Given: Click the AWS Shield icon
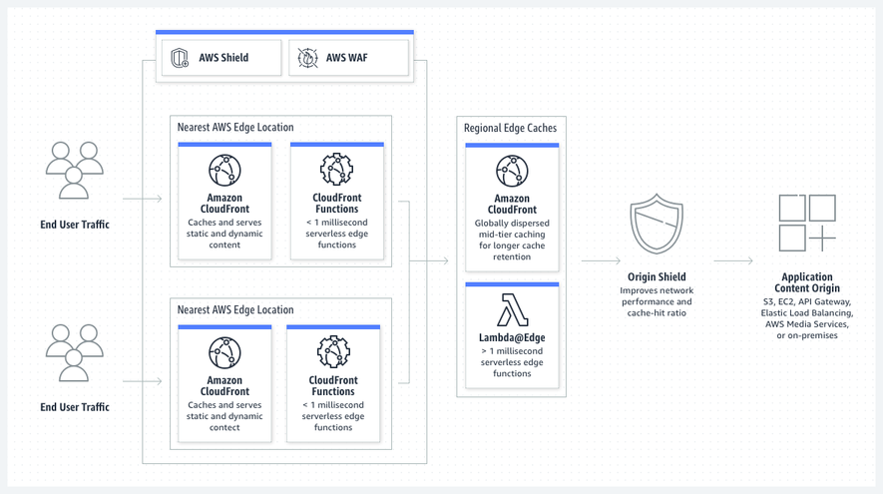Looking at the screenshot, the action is [x=180, y=58].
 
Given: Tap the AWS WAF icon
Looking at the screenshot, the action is [x=307, y=58].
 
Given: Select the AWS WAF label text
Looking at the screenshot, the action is [x=347, y=58].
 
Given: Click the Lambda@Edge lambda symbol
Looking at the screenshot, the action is [x=513, y=309].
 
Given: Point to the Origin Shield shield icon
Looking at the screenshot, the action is [x=657, y=224].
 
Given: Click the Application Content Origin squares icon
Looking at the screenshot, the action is [x=807, y=224].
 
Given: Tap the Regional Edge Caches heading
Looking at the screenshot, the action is [x=510, y=128].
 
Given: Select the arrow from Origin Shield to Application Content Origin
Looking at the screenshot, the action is [x=733, y=260].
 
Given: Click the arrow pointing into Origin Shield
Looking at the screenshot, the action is [x=601, y=260].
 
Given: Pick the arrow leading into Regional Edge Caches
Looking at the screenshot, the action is [x=429, y=260].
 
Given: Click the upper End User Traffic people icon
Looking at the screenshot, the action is [x=75, y=170].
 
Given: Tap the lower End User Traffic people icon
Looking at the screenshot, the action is [x=75, y=353].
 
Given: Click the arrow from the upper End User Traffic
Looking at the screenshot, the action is [x=143, y=199].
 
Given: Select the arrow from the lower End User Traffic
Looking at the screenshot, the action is [x=143, y=381].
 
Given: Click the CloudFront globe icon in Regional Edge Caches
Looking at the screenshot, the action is [x=512, y=171].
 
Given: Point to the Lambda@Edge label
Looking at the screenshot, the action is [x=512, y=337].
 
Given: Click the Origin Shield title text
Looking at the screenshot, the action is [x=657, y=276].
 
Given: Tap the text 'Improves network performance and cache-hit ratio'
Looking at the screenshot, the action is [x=657, y=301].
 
